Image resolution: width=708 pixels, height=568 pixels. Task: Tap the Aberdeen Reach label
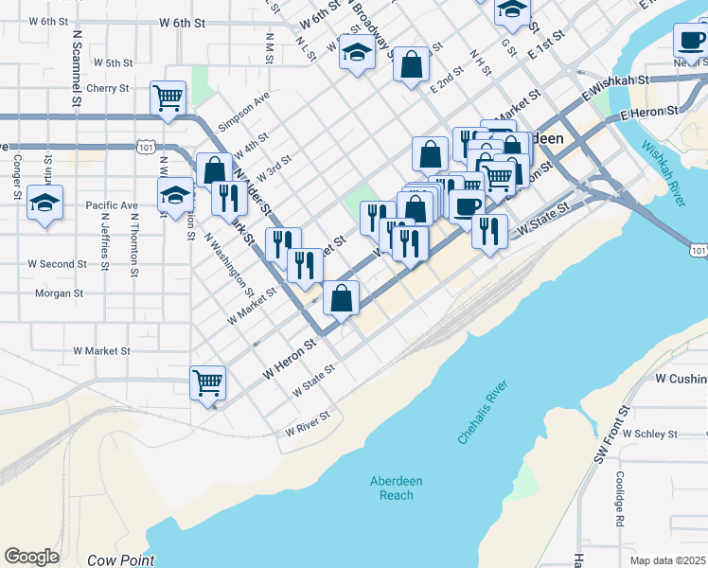(x=396, y=488)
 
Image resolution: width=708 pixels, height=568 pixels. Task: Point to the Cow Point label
(x=120, y=560)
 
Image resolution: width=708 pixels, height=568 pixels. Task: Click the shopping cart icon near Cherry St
(x=168, y=98)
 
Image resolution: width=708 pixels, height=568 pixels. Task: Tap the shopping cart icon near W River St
(x=207, y=383)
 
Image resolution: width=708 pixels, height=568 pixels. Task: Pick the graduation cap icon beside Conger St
(x=45, y=204)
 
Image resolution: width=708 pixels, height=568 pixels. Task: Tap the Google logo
(x=31, y=557)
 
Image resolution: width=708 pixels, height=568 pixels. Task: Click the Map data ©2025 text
(x=668, y=560)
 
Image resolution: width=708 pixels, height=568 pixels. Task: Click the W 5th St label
(x=113, y=63)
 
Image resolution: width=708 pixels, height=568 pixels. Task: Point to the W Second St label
(x=57, y=264)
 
